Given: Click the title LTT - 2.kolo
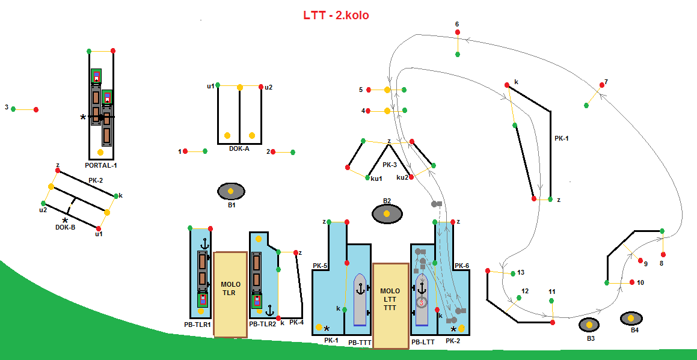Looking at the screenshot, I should pos(336,15).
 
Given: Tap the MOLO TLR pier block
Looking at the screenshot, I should pos(230,293).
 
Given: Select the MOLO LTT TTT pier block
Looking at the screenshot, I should pos(390,305).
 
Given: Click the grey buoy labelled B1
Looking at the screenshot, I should pos(231,191).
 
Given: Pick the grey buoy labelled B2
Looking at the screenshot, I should pos(387,213).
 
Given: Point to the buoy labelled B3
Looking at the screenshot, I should pos(589,325).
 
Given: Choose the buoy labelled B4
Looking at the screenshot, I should pos(631,318).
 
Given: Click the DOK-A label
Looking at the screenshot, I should pos(239,148).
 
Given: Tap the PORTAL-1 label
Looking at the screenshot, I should pos(101,164).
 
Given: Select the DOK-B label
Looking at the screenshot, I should pos(65,228).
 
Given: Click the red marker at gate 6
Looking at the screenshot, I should pos(458,32).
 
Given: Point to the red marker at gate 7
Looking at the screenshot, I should pos(601,85).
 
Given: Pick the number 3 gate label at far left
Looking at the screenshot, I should pos(7,108).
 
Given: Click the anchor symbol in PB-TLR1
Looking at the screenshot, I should pos(204,244).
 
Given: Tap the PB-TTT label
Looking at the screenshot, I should pos(360,343).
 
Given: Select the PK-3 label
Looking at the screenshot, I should pos(390,165).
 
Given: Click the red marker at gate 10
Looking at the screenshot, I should pos(632,282).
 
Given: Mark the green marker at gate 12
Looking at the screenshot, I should pos(519,297).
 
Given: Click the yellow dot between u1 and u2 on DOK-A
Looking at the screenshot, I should pos(239,87).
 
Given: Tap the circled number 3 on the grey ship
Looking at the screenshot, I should pos(422,302).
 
